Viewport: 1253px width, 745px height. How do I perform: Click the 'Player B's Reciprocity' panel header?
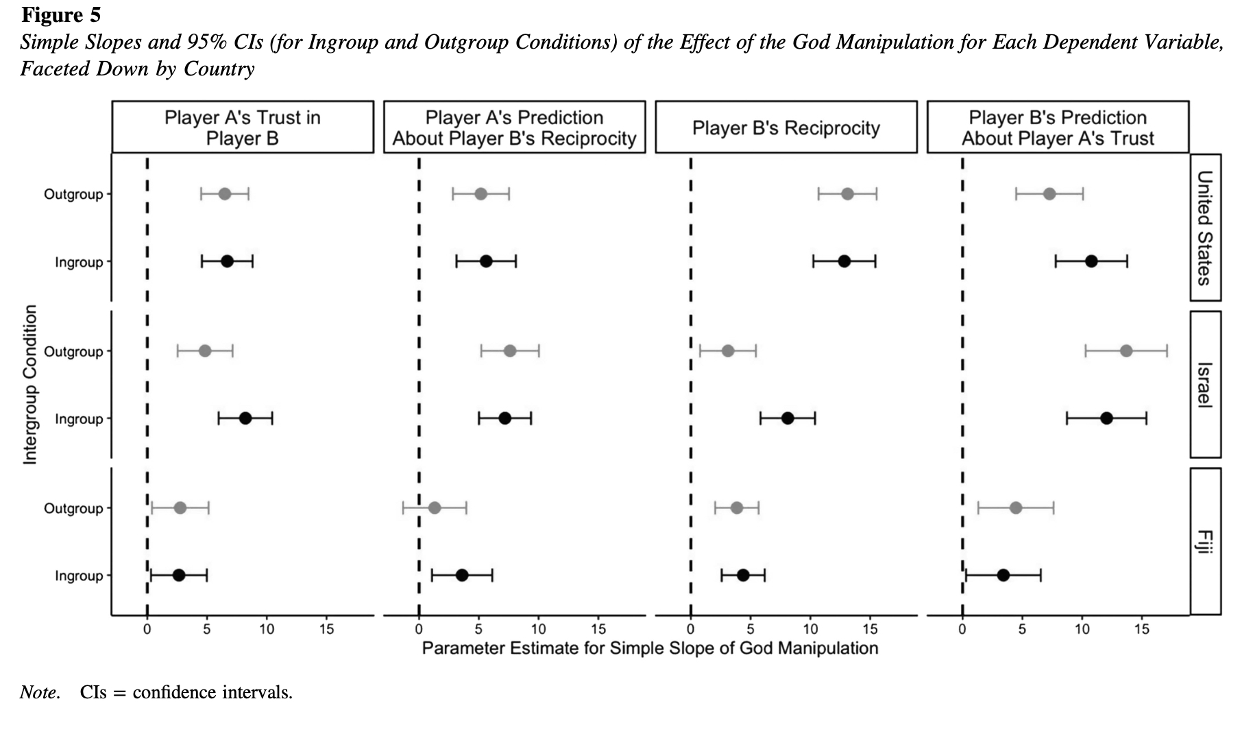coord(786,128)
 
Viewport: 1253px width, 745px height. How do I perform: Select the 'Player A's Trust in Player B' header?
coord(243,128)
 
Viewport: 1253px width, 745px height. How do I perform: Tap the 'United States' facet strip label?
coord(1204,228)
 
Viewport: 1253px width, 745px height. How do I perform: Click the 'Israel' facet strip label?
coord(1204,384)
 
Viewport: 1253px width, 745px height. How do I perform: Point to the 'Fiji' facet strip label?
coord(1204,542)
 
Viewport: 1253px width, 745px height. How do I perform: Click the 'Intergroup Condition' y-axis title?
coord(29,384)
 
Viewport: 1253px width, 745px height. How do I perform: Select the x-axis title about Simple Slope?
coord(650,648)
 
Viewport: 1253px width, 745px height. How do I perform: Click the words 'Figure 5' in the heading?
coord(61,14)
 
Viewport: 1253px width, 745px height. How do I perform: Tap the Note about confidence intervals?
coord(156,692)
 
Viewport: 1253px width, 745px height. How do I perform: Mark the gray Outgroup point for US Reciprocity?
coord(847,194)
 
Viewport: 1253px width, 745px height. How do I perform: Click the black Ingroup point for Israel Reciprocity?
coord(788,418)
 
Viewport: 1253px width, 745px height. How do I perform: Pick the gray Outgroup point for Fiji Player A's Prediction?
coord(434,508)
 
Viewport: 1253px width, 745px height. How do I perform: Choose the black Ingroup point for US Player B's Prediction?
coord(1091,261)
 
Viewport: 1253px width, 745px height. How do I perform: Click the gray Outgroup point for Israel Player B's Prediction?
coord(1126,351)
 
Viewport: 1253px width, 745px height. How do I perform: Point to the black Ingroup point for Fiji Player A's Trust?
coord(179,576)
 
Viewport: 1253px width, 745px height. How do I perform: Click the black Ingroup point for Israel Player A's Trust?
coord(245,418)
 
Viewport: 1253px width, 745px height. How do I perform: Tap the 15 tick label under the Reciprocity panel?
coord(870,629)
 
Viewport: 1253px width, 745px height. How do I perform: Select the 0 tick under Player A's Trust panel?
coord(147,629)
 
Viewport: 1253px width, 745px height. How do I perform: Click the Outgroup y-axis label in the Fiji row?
coord(73,508)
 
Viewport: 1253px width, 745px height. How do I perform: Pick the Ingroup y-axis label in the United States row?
coord(79,262)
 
